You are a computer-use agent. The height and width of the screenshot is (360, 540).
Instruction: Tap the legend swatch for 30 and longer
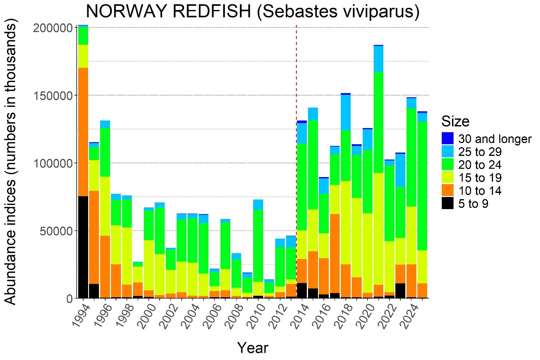447,138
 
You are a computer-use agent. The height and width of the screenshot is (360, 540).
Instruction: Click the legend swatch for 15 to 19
447,178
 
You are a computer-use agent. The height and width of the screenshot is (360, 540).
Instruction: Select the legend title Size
455,121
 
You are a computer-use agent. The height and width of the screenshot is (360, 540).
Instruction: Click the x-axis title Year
252,348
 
